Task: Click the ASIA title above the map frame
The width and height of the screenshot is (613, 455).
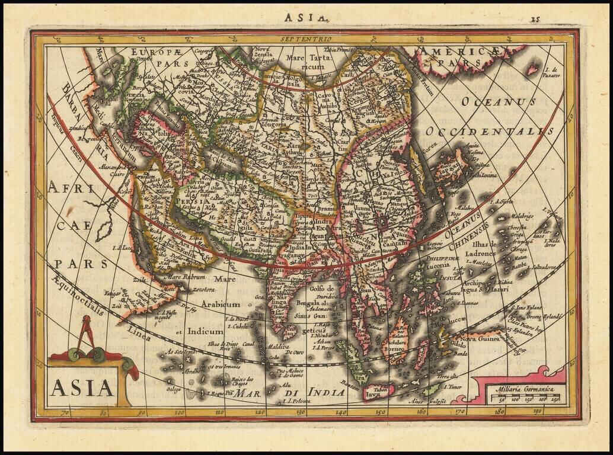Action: pyautogui.click(x=306, y=17)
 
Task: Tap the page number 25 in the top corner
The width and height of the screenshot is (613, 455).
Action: pyautogui.click(x=535, y=19)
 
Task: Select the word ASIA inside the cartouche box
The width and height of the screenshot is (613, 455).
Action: pyautogui.click(x=82, y=387)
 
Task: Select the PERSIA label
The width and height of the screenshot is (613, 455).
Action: pyautogui.click(x=191, y=201)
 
